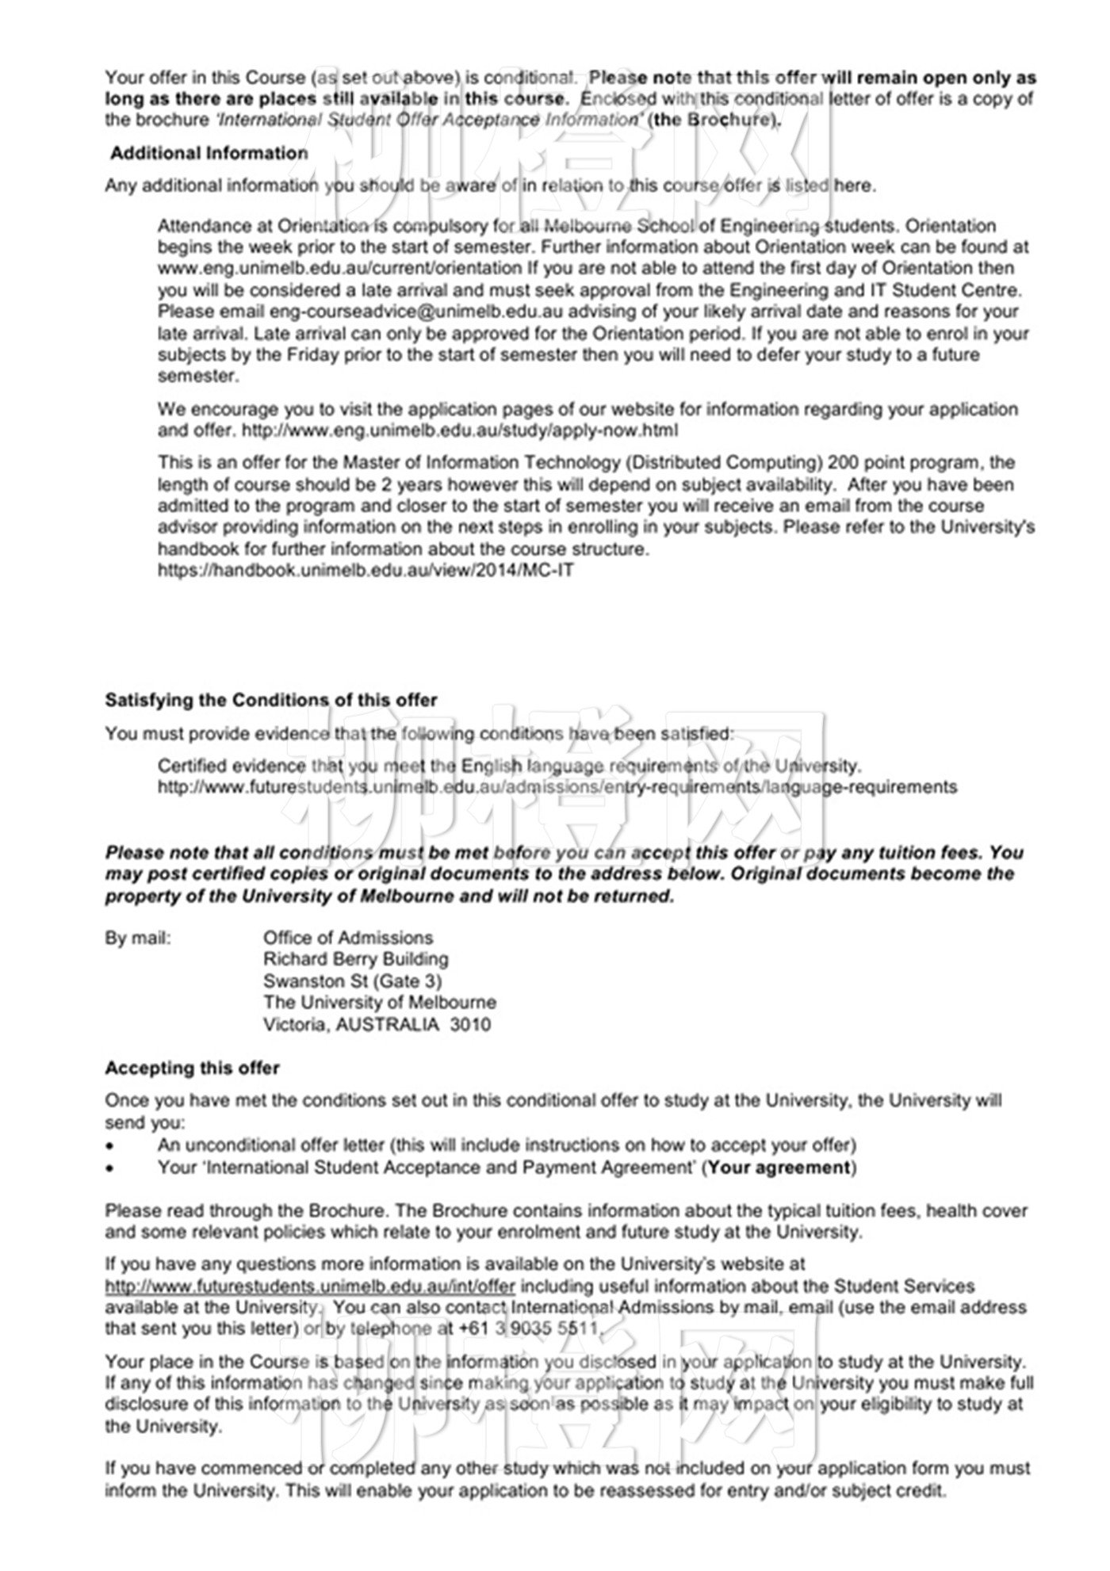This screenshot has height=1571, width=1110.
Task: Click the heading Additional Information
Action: tap(209, 153)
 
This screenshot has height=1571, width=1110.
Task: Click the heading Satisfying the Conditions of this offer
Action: tap(270, 700)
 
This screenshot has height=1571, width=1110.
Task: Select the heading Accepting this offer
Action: tap(192, 1068)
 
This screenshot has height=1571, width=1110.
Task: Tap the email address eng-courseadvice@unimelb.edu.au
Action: tap(415, 312)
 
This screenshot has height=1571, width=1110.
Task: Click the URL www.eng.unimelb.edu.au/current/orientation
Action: tap(339, 268)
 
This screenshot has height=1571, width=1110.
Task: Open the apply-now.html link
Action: tap(459, 430)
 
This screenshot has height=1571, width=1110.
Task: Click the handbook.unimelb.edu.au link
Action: tap(366, 570)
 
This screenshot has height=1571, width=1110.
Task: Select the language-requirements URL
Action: tap(557, 787)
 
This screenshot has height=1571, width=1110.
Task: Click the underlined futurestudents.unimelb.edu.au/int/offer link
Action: tap(310, 1286)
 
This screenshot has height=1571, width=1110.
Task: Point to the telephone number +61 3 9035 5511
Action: tap(528, 1328)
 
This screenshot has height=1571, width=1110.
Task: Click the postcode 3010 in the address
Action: tap(470, 1024)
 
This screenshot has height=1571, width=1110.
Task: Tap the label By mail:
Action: tap(137, 938)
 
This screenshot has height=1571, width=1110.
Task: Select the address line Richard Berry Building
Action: tap(355, 959)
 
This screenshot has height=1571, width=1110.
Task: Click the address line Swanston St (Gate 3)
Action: tap(352, 980)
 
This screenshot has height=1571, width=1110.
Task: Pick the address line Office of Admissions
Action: tap(348, 938)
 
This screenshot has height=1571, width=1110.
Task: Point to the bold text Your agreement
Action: tap(779, 1168)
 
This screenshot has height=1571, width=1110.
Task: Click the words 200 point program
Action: tap(905, 462)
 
